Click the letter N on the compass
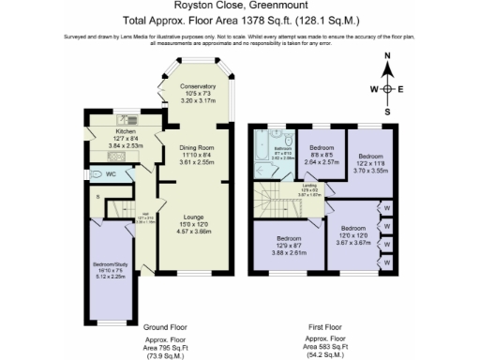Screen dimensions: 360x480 388,57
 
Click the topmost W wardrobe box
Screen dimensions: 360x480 386,208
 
